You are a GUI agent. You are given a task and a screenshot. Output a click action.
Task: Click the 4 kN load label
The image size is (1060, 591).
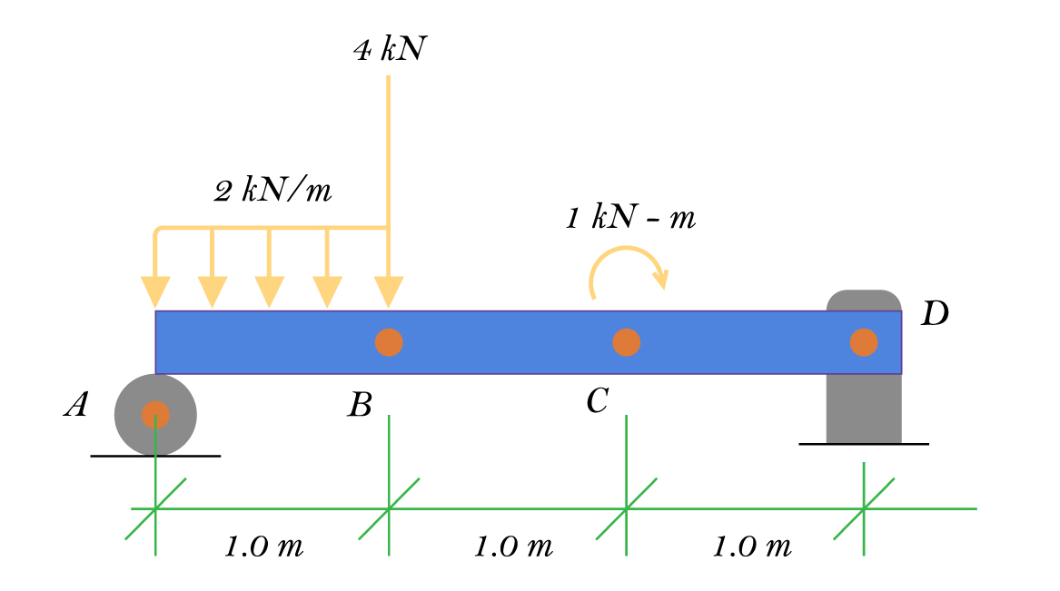tap(389, 50)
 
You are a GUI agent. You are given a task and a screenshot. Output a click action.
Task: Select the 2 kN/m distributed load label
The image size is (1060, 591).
tap(272, 191)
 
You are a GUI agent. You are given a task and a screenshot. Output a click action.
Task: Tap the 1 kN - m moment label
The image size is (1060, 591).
tap(630, 218)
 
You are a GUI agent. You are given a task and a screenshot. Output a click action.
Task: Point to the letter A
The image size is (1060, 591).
tap(76, 405)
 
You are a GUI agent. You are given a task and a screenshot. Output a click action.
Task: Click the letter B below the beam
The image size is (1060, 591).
tap(360, 405)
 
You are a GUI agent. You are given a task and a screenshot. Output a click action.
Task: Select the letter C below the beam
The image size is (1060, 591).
tap(597, 400)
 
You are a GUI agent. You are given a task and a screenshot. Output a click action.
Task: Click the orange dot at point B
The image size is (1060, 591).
tap(389, 342)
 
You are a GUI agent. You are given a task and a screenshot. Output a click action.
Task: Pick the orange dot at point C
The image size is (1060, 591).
tap(627, 342)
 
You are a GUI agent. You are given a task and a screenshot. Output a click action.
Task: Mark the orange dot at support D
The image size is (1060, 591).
tap(863, 342)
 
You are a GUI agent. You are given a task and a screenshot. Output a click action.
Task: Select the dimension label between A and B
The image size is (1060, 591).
tap(263, 547)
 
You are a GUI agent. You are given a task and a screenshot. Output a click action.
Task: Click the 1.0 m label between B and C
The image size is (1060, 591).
tap(513, 547)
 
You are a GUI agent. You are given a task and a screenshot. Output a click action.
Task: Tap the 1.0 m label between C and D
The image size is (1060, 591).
tap(752, 547)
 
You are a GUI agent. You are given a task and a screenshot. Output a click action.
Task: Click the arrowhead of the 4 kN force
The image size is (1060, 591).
tap(389, 292)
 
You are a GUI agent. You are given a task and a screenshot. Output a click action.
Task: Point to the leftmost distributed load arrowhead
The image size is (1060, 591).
tap(156, 292)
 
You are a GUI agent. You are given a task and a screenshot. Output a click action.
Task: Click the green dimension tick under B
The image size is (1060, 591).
tap(389, 508)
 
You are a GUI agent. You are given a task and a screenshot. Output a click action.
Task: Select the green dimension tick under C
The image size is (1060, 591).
tap(626, 508)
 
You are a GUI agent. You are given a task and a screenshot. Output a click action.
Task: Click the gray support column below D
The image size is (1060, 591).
tap(863, 409)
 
